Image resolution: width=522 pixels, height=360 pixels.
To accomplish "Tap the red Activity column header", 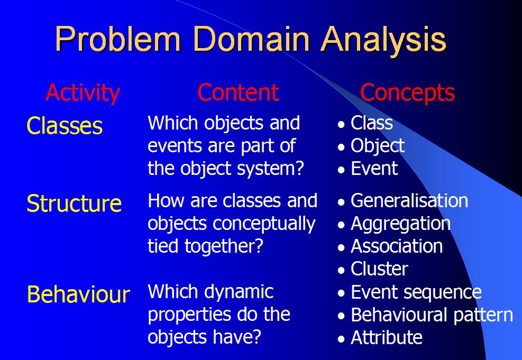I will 83,93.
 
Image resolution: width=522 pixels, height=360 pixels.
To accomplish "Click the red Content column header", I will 238,93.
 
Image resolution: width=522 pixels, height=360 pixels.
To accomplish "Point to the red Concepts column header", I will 407,93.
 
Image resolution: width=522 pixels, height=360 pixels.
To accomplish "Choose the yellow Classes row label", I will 65,126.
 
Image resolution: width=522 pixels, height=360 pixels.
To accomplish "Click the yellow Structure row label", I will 74,204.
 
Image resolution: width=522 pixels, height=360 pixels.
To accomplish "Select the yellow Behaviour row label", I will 78,294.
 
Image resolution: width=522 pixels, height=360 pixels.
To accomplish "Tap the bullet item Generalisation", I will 409,201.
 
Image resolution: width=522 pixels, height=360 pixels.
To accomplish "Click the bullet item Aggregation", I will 400,224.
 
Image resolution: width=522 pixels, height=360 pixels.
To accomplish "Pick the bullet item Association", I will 397,246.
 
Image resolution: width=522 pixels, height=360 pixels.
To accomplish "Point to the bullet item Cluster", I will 379,269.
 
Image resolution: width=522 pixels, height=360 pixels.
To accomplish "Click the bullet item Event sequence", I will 416,292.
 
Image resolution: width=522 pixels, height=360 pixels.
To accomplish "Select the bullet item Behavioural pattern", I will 432,315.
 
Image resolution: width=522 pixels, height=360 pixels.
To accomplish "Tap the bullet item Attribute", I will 386,337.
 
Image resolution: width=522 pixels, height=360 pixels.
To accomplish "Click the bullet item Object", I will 378,146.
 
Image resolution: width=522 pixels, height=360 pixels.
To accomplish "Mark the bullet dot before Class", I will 342,125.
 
